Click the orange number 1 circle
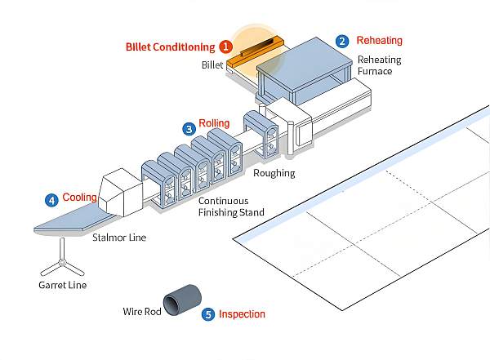[225, 47]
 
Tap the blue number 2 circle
[343, 41]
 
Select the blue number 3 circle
[189, 128]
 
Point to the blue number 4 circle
[51, 199]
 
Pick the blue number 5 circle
[208, 313]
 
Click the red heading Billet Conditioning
[171, 47]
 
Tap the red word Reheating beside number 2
[379, 40]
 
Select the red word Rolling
[214, 123]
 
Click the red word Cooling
[80, 198]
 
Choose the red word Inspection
[242, 313]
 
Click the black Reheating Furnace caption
[376, 65]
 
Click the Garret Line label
[62, 285]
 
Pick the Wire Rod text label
[140, 311]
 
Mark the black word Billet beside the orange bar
[212, 64]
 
